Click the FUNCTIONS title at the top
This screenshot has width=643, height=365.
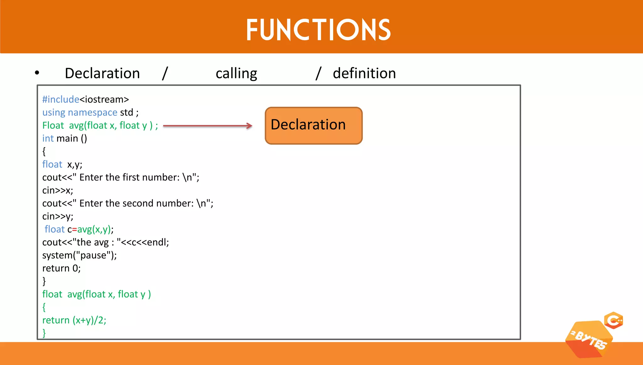click(x=318, y=30)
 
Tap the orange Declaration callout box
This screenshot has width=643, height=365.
click(x=313, y=126)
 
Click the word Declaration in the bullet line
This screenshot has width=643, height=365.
click(x=102, y=73)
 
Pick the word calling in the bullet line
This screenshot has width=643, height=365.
click(x=236, y=73)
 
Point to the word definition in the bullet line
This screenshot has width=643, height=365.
click(x=364, y=73)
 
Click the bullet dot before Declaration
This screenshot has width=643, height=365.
click(x=37, y=73)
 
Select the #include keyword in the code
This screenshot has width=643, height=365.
click(x=61, y=99)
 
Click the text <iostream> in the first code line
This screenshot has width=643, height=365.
click(x=104, y=99)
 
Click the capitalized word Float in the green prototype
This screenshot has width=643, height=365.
click(x=53, y=126)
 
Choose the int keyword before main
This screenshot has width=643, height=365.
click(x=48, y=138)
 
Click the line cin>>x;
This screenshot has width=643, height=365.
click(x=58, y=191)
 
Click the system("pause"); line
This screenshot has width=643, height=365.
click(x=79, y=255)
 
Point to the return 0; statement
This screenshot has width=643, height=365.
click(x=62, y=268)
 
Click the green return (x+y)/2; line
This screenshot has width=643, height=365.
click(x=74, y=320)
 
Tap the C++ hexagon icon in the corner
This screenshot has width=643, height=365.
click(x=613, y=320)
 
